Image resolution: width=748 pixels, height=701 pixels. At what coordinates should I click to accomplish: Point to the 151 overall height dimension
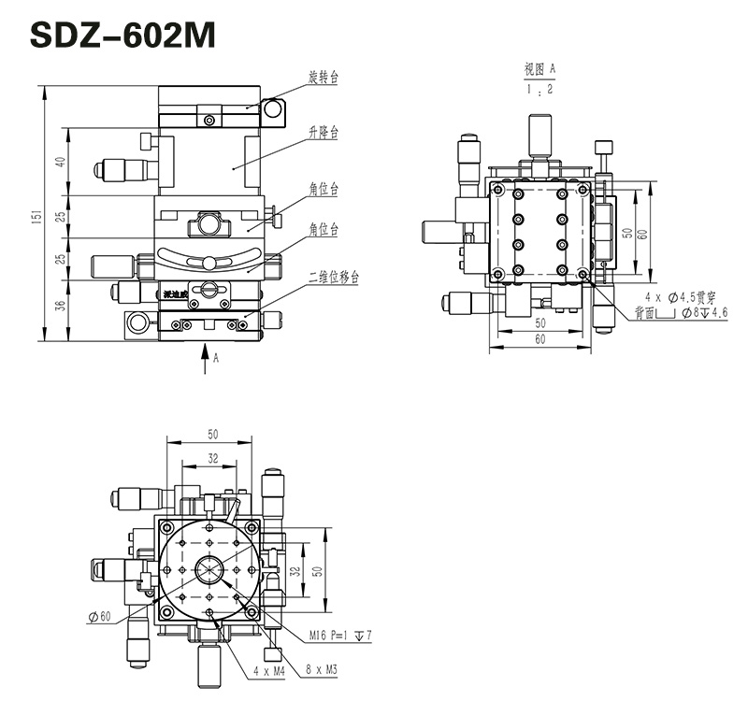point(36,216)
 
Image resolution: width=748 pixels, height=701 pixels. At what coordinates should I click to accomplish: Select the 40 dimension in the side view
point(61,161)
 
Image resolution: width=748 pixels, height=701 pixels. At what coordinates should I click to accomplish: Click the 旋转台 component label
point(323,78)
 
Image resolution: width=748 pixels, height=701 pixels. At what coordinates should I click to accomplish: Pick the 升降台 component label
point(323,134)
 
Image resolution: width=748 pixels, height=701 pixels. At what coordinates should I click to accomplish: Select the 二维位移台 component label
point(334,278)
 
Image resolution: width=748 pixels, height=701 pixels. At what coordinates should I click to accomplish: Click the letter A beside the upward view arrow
point(216,357)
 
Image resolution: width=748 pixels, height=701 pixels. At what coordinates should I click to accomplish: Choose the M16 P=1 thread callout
point(342,636)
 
